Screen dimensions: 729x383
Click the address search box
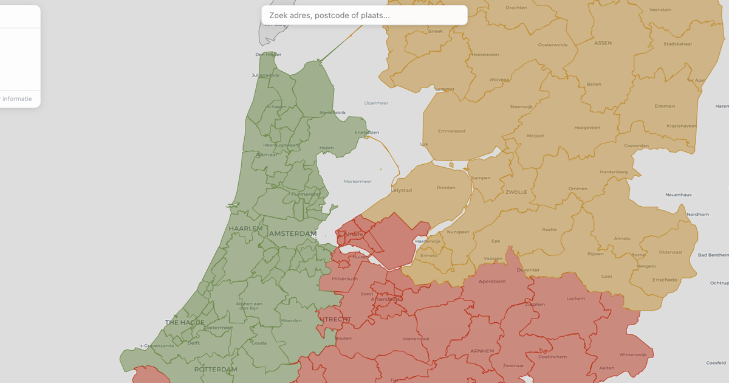pyautogui.click(x=364, y=15)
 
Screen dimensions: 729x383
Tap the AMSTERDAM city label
pyautogui.click(x=293, y=234)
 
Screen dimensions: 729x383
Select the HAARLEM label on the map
pyautogui.click(x=246, y=229)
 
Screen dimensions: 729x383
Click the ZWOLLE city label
pyautogui.click(x=516, y=192)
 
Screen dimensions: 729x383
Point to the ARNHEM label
pyautogui.click(x=482, y=351)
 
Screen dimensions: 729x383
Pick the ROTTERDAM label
pyautogui.click(x=216, y=370)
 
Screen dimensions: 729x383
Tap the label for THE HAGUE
pyautogui.click(x=185, y=323)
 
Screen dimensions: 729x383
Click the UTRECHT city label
pyautogui.click(x=335, y=319)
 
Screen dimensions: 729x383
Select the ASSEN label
pyautogui.click(x=603, y=43)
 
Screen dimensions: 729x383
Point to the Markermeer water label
pyautogui.click(x=357, y=181)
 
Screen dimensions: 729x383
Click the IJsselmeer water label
pyautogui.click(x=376, y=103)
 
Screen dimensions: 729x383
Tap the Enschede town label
pyautogui.click(x=665, y=280)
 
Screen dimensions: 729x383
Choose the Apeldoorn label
pyautogui.click(x=492, y=281)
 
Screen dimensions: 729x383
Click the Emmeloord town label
pyautogui.click(x=451, y=131)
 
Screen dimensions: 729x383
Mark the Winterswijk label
pyautogui.click(x=633, y=354)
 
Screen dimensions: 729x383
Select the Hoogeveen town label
pyautogui.click(x=587, y=128)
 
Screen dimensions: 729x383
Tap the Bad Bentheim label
pyautogui.click(x=713, y=255)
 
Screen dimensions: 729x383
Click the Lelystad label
pyautogui.click(x=402, y=190)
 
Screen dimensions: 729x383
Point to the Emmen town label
pyautogui.click(x=665, y=106)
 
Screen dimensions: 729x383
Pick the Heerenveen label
pyautogui.click(x=485, y=55)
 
